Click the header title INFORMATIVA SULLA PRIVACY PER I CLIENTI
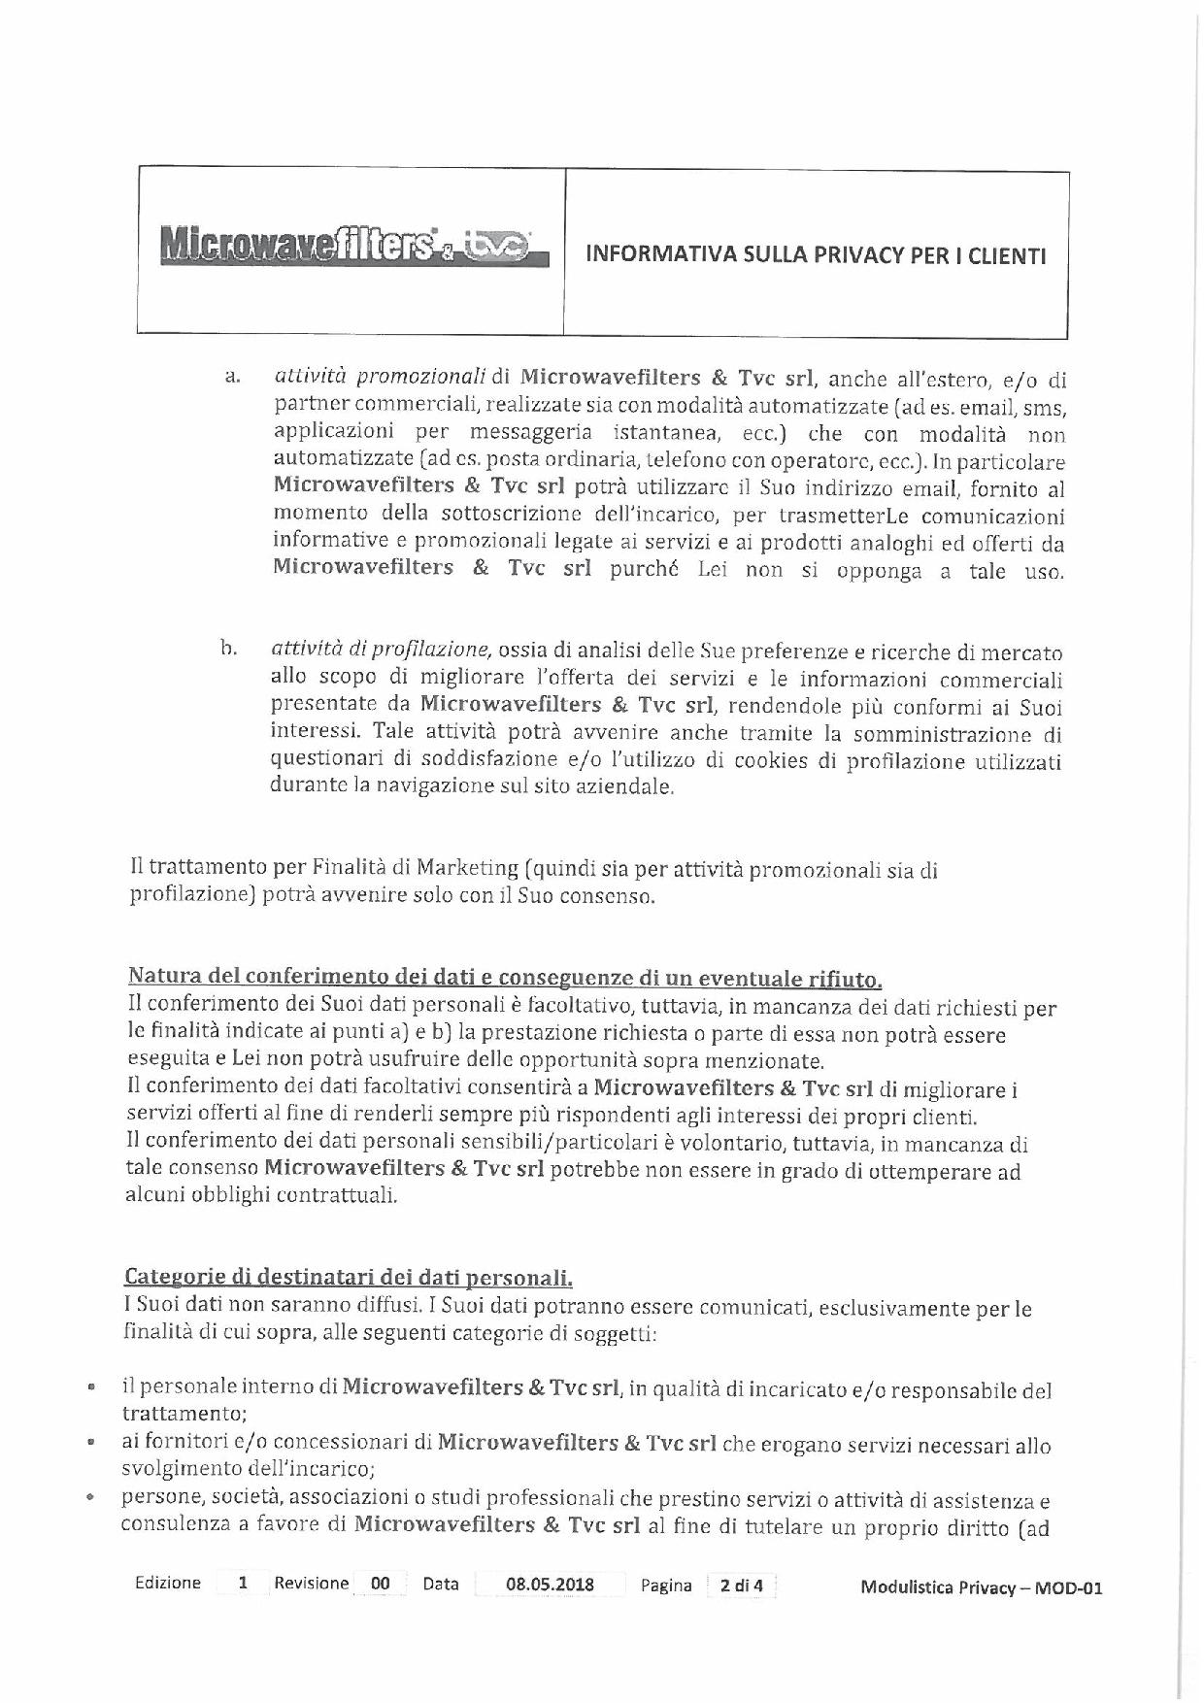pyautogui.click(x=816, y=256)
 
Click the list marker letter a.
pyautogui.click(x=232, y=377)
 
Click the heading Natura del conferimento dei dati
pyautogui.click(x=505, y=976)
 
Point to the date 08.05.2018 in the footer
pyautogui.click(x=551, y=1585)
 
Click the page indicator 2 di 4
pyautogui.click(x=741, y=1586)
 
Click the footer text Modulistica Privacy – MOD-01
pyautogui.click(x=981, y=1588)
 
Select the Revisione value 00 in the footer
pyautogui.click(x=381, y=1584)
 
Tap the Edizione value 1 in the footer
pyautogui.click(x=244, y=1583)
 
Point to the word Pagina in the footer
pyautogui.click(x=666, y=1586)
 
